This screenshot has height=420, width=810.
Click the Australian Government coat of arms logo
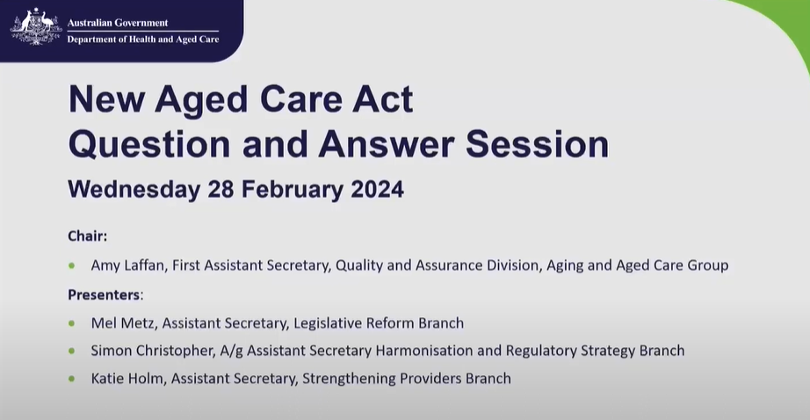tap(36, 27)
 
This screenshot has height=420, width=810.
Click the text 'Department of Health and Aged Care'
tap(143, 40)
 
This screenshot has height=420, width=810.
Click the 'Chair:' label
tap(88, 235)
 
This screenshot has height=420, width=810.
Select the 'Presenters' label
tap(105, 293)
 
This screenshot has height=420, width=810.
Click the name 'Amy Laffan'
tap(127, 264)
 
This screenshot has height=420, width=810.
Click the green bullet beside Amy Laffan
tap(72, 265)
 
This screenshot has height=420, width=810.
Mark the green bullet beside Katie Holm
tap(72, 380)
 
